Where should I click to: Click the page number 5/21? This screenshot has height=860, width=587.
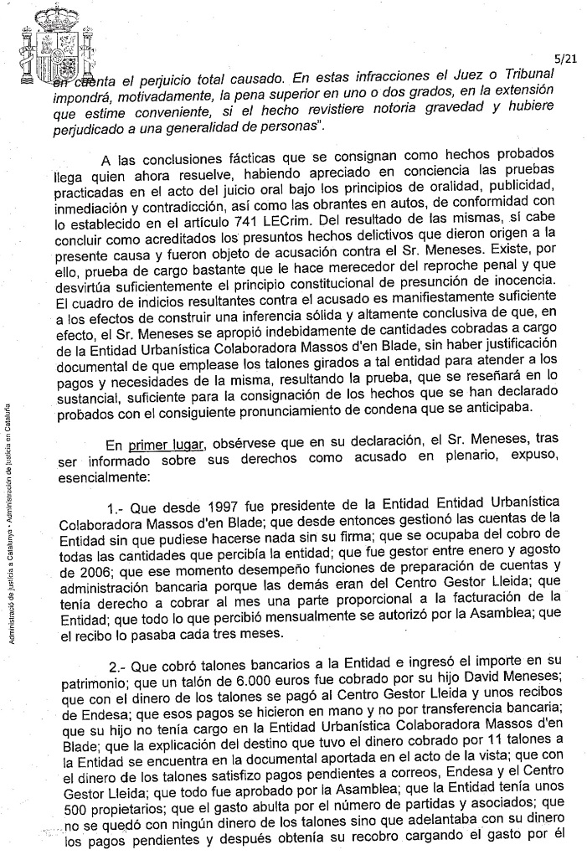pos(564,59)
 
